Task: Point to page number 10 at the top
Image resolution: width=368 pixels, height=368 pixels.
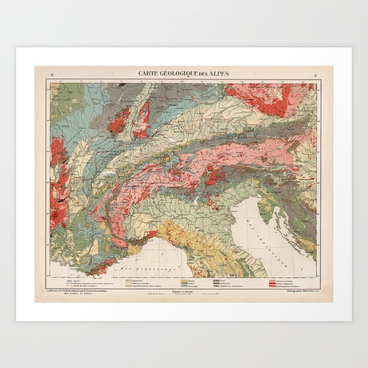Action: (52, 76)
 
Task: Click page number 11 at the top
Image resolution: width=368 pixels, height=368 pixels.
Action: (315, 76)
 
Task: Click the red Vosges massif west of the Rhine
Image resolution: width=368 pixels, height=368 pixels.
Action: (119, 121)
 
